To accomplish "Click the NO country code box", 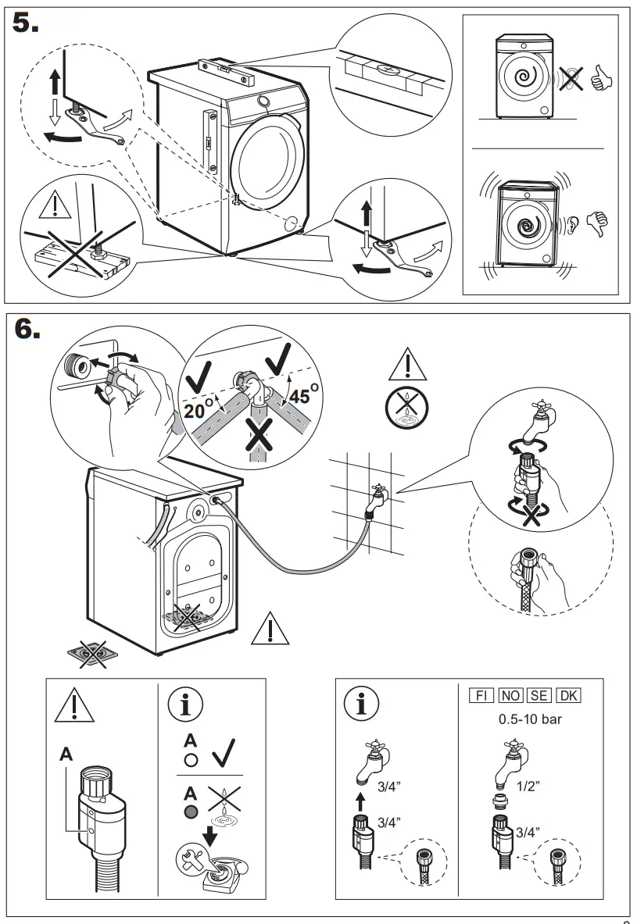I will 510,695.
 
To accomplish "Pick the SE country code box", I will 539,695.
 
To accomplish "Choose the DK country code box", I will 568,695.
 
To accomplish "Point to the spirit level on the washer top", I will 227,69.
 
